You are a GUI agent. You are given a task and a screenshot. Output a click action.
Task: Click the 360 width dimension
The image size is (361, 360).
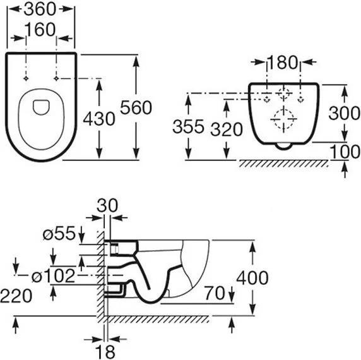(x=40, y=9)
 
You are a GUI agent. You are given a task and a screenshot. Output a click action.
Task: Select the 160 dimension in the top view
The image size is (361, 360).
(x=40, y=30)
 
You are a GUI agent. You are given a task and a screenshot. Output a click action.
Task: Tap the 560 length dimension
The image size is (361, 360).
(x=136, y=107)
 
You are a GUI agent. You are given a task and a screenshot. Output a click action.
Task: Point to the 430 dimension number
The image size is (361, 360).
(x=99, y=119)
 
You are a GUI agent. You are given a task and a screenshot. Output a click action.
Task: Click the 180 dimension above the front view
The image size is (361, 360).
(x=283, y=63)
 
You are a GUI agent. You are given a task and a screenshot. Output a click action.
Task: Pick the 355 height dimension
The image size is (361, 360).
(x=188, y=126)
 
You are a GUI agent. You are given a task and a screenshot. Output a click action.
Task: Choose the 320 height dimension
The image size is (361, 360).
(x=227, y=129)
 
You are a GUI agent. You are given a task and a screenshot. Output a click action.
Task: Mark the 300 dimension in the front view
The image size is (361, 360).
(x=345, y=113)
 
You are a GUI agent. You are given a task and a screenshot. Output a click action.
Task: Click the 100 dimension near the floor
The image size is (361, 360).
(x=345, y=152)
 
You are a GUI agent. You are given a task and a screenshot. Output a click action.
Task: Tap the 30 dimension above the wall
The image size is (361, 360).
(x=107, y=206)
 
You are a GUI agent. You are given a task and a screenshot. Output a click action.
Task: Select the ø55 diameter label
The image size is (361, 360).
(x=59, y=233)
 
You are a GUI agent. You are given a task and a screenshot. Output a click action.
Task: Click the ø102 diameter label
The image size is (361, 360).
(x=53, y=276)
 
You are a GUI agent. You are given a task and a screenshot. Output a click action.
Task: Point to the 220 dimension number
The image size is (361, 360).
(x=16, y=296)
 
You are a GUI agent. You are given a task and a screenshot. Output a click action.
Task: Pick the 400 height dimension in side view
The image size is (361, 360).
(x=252, y=278)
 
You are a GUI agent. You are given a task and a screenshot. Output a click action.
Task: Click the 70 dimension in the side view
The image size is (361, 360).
(x=215, y=293)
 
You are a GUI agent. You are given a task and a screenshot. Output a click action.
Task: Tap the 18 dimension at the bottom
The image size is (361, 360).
(x=105, y=352)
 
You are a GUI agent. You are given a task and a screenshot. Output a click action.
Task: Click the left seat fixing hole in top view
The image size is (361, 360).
(x=26, y=78)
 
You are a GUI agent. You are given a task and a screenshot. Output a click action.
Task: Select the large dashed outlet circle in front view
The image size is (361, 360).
(x=284, y=119)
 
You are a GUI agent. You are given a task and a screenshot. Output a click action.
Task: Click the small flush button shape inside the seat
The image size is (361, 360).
(x=41, y=107)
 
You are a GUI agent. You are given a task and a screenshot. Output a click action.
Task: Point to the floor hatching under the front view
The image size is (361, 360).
(x=283, y=164)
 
